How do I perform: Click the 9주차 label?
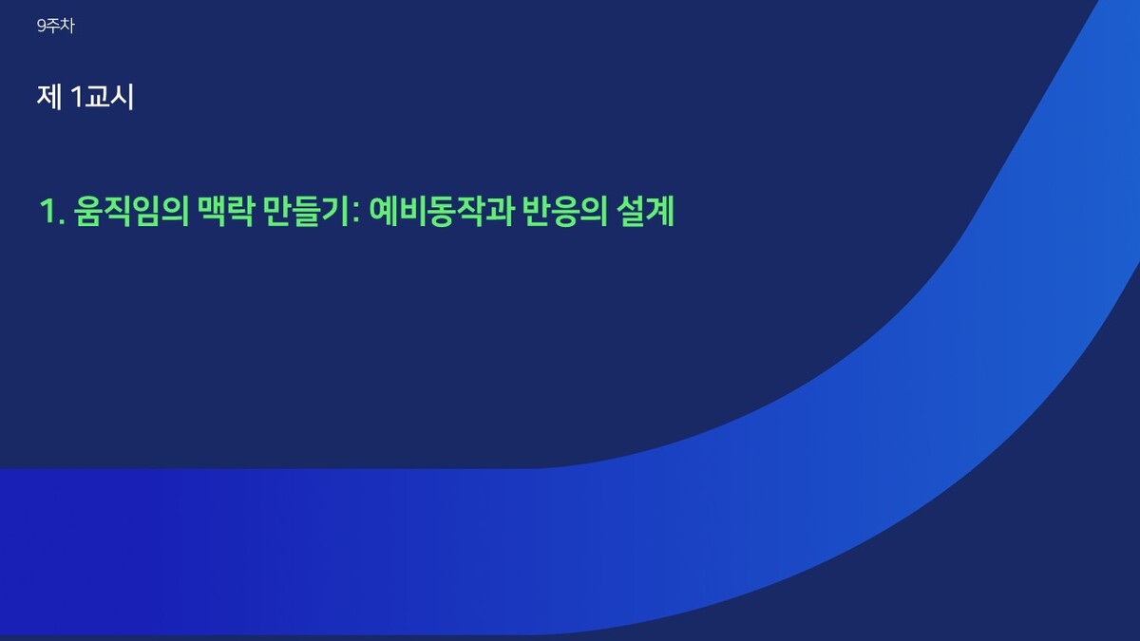[56, 26]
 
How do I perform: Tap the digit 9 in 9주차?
[42, 26]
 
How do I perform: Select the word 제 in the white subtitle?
[49, 97]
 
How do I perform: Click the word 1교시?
[104, 97]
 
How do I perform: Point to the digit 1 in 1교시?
[78, 97]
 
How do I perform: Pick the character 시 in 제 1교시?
[123, 97]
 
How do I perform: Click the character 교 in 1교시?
[97, 97]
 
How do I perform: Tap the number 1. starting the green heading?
[52, 211]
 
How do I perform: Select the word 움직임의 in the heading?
[131, 211]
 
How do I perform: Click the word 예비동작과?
[441, 211]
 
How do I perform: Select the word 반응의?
[565, 211]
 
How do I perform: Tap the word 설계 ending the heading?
[645, 211]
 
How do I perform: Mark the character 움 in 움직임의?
[87, 211]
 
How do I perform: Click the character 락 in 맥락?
[239, 211]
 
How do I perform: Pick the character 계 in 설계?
[660, 211]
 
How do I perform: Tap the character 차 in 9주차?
[67, 26]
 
